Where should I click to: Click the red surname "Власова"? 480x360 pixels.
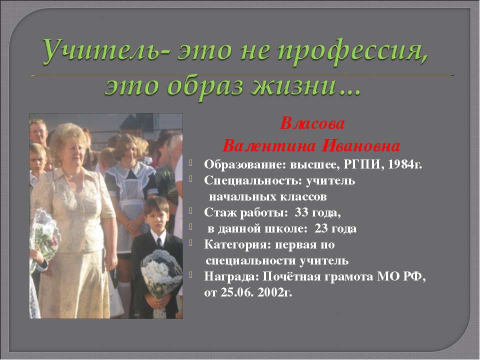pos(312,123)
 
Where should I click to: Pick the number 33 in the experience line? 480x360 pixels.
pos(302,213)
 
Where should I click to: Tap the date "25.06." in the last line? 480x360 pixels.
pos(237,293)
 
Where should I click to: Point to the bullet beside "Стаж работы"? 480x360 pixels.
pos(192,212)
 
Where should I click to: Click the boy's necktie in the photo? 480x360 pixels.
pos(158,242)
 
